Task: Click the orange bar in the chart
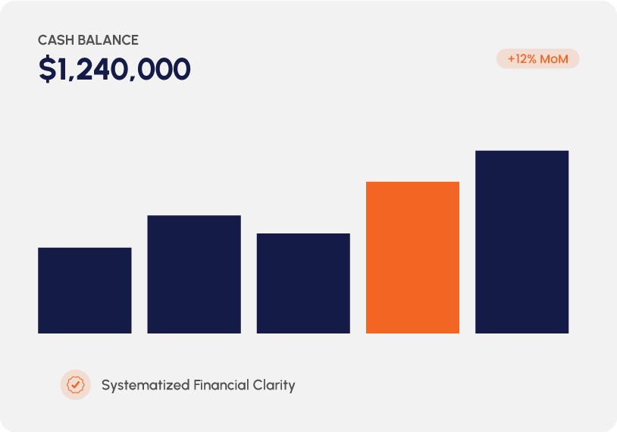click(412, 257)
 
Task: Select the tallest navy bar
click(521, 242)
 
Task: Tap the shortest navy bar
click(84, 290)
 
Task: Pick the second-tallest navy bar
click(194, 274)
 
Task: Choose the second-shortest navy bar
click(303, 283)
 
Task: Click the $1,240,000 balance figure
click(114, 70)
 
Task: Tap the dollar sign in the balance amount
click(47, 70)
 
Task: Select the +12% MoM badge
click(537, 59)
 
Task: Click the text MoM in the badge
click(554, 59)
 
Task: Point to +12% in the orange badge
click(522, 59)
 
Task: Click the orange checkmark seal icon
click(75, 385)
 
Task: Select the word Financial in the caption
click(221, 385)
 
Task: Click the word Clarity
click(274, 385)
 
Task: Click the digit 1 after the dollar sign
click(63, 70)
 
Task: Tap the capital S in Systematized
click(106, 385)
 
